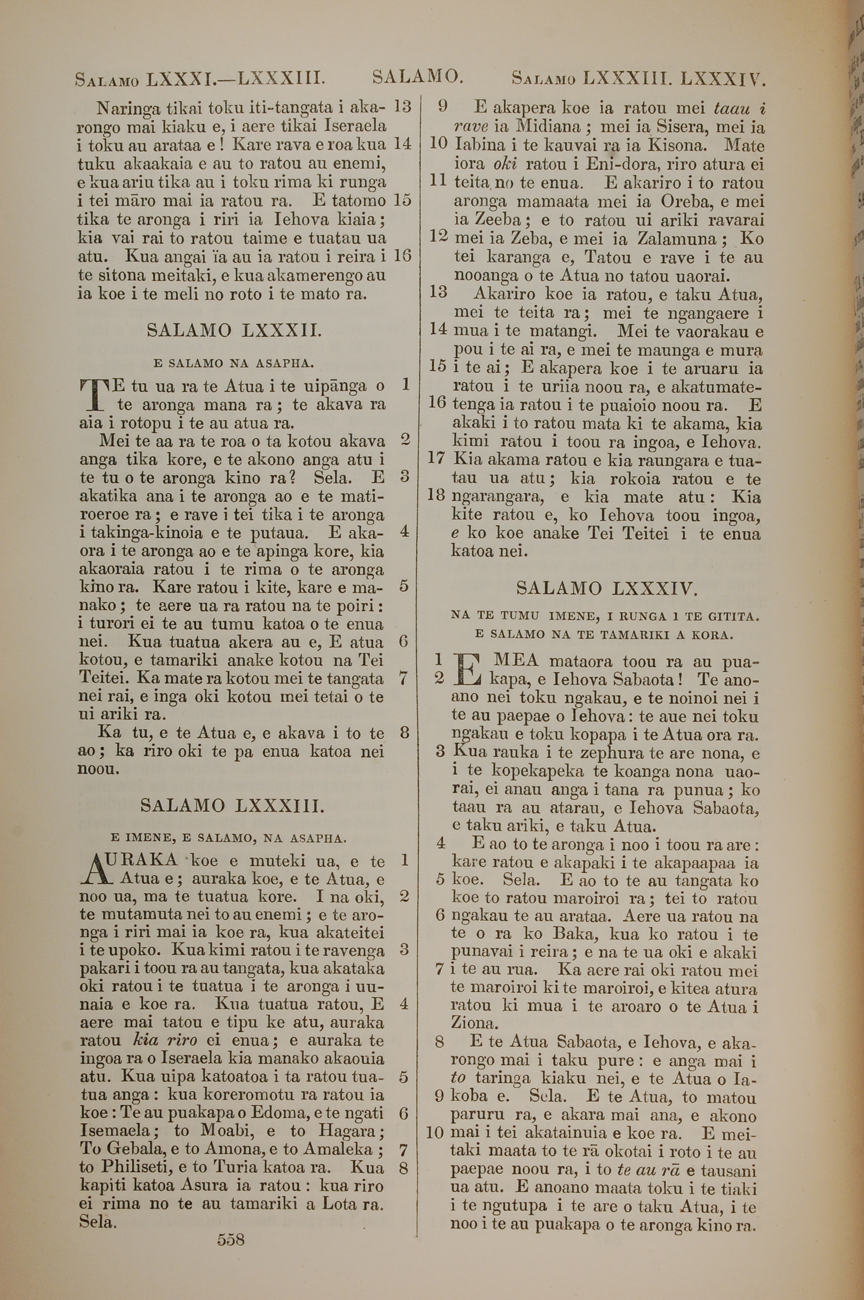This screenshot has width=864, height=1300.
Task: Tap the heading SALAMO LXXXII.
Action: point(234,331)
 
